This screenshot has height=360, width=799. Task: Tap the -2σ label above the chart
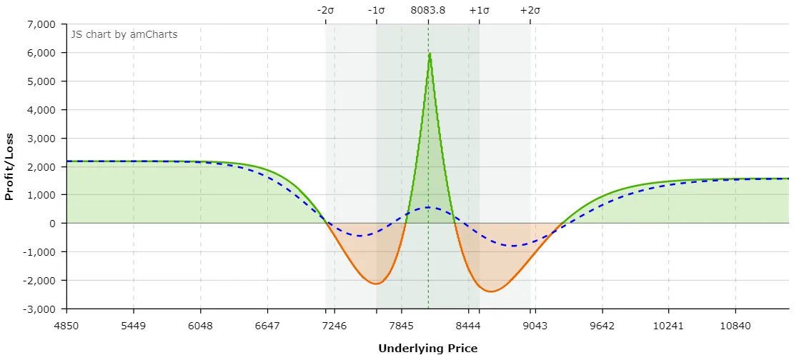click(326, 10)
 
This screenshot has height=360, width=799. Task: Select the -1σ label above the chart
click(377, 10)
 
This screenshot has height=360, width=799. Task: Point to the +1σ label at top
click(479, 10)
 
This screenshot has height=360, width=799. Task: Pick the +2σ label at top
click(530, 10)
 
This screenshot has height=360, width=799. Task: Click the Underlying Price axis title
click(427, 349)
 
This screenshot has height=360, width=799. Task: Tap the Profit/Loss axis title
click(9, 166)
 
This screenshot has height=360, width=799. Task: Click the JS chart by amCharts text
click(124, 34)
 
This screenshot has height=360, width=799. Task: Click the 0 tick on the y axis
click(53, 224)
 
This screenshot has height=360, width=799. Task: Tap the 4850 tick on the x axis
click(66, 326)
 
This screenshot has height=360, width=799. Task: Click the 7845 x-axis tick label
click(402, 326)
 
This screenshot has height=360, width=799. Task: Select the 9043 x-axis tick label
click(535, 326)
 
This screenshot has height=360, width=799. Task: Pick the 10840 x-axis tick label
click(736, 326)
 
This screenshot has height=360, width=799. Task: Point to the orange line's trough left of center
click(376, 284)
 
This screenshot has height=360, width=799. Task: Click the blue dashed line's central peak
click(428, 207)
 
